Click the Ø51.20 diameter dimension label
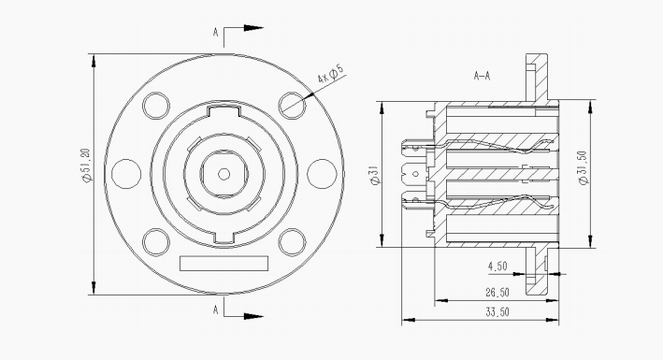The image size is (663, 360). pos(86,166)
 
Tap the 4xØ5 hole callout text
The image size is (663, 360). pos(331,73)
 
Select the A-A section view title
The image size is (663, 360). pos(482,76)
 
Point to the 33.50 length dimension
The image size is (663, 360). pos(497,312)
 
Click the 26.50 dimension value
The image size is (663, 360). pos(497,293)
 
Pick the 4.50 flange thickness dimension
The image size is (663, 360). pos(497,266)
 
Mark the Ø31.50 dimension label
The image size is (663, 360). pos(584,167)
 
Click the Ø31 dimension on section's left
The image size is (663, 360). pos(376,175)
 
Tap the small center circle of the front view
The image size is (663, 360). pos(223,174)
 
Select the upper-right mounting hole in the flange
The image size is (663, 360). pos(292,106)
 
